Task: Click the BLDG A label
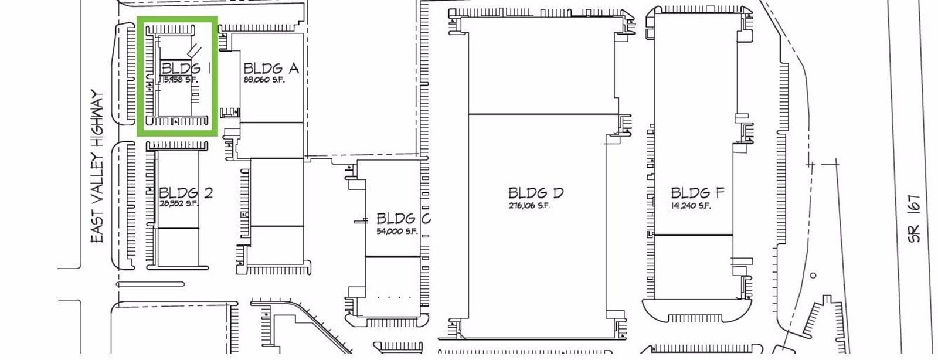pyautogui.click(x=271, y=69)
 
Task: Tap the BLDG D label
pyautogui.click(x=536, y=193)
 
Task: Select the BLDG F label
pyautogui.click(x=698, y=193)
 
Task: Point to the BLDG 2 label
pyautogui.click(x=186, y=192)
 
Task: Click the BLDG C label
pyautogui.click(x=403, y=219)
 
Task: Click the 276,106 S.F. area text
pyautogui.click(x=529, y=206)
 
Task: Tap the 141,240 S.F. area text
pyautogui.click(x=691, y=206)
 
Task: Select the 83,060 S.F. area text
pyautogui.click(x=264, y=80)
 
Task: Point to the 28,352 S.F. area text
pyautogui.click(x=179, y=204)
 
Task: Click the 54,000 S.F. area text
pyautogui.click(x=396, y=231)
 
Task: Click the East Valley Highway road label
pyautogui.click(x=97, y=167)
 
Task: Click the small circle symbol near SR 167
pyautogui.click(x=813, y=275)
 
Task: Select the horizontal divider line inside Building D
pyautogui.click(x=543, y=114)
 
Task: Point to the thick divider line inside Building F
pyautogui.click(x=693, y=235)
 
